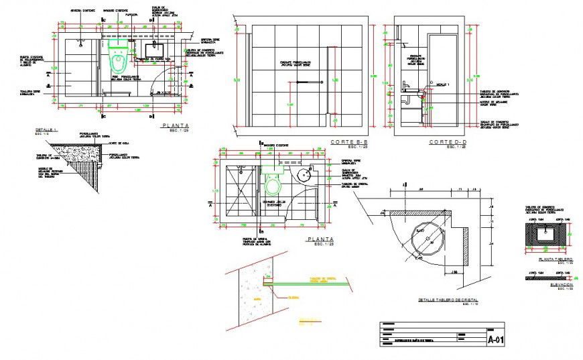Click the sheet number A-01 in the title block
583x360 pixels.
point(496,340)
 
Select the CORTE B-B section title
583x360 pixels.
point(349,142)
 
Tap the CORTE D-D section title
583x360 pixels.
point(447,142)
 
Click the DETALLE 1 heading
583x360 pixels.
point(46,129)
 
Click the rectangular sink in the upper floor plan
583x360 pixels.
point(157,50)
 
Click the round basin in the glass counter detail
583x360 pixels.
point(429,238)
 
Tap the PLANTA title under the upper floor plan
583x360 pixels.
point(174,125)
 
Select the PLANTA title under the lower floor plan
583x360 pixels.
point(320,239)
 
